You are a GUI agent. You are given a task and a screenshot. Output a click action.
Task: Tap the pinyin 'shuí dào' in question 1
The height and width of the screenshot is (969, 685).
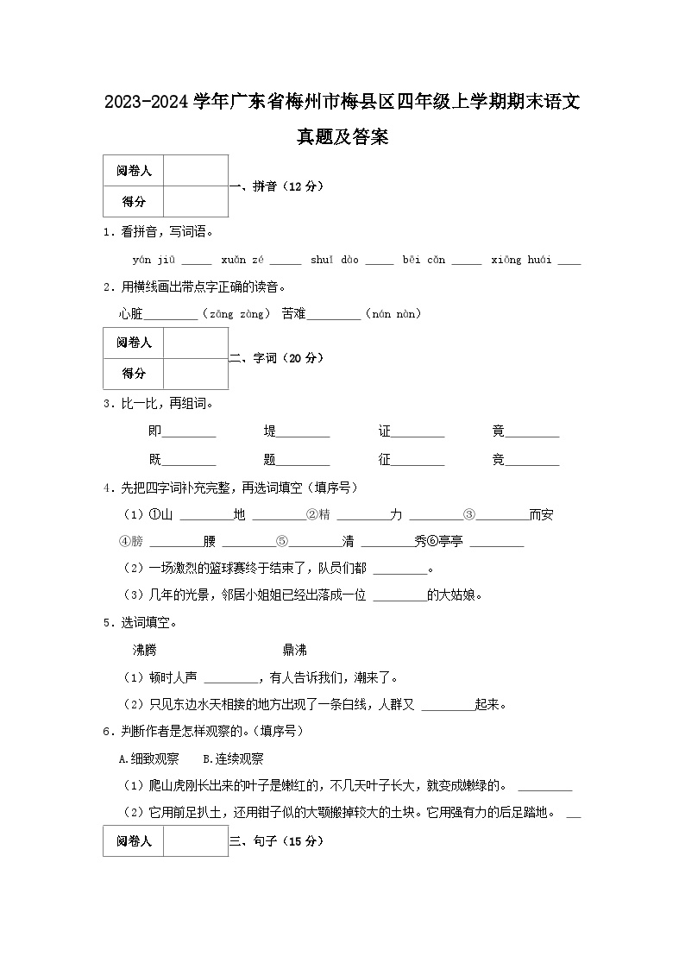[334, 260]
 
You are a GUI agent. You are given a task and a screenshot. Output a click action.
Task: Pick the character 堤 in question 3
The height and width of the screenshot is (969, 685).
[270, 431]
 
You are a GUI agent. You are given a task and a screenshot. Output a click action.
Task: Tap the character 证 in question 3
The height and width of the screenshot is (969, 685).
[385, 431]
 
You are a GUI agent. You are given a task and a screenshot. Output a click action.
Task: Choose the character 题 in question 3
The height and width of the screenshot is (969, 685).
[270, 460]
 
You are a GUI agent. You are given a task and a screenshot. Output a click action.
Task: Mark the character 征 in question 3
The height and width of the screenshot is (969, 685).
[385, 460]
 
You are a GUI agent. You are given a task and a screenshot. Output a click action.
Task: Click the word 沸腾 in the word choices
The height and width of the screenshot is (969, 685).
[144, 650]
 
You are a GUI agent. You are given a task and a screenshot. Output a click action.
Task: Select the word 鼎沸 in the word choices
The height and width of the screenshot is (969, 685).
[294, 650]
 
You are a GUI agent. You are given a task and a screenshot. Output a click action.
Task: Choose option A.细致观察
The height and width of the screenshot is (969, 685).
[148, 759]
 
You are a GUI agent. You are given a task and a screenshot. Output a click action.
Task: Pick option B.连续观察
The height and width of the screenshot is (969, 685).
[233, 759]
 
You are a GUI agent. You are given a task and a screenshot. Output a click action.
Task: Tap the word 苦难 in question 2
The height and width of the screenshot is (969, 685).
[293, 314]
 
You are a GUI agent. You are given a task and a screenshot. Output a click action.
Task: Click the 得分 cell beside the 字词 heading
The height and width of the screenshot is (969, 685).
[134, 374]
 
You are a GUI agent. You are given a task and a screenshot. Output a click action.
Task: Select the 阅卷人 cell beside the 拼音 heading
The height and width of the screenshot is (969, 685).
[134, 171]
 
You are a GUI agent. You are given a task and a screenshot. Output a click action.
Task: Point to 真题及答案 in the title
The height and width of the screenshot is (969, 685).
[342, 136]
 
